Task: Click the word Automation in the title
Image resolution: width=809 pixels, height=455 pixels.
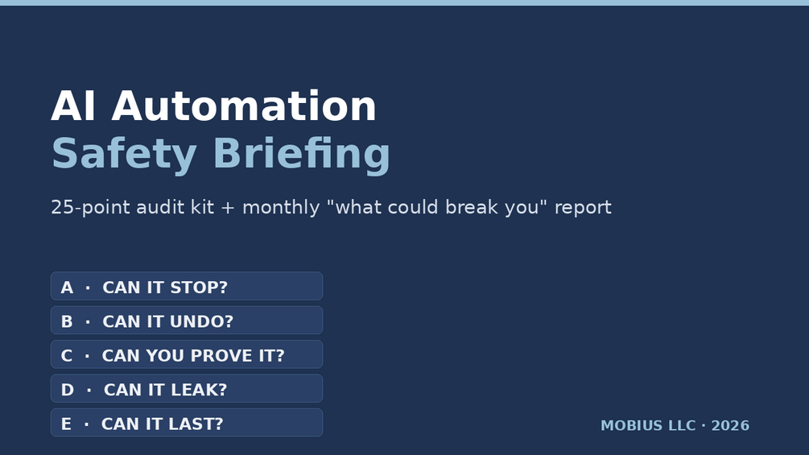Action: tap(244, 106)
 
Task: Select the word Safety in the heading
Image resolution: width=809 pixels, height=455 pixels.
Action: tap(124, 154)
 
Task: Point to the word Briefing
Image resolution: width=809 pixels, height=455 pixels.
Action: tap(301, 154)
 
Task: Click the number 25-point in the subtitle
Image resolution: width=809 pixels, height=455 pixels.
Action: tap(91, 208)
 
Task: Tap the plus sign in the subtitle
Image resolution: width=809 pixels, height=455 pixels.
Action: tap(228, 208)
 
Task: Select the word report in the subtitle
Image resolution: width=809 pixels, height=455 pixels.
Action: tap(583, 208)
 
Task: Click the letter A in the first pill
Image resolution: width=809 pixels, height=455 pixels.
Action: tap(67, 287)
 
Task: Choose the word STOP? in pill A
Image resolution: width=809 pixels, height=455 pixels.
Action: tap(199, 287)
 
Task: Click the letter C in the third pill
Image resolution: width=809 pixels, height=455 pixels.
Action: tap(67, 355)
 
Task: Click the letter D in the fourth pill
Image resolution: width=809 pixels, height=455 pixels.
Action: tap(68, 390)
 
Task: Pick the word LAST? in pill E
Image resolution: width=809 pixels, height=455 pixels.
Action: tap(197, 424)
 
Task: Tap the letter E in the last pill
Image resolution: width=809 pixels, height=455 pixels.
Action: tap(66, 424)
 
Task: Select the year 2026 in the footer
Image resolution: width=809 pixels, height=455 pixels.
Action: tap(730, 425)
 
